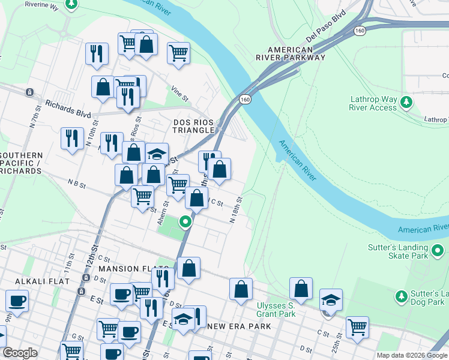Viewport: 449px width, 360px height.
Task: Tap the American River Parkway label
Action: [291, 54]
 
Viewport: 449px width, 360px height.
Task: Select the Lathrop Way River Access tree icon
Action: [407, 101]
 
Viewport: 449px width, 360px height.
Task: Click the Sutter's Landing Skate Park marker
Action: [438, 250]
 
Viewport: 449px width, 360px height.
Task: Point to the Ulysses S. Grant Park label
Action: [276, 310]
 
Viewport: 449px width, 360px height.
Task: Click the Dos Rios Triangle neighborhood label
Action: [193, 126]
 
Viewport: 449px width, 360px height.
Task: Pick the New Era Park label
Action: [239, 326]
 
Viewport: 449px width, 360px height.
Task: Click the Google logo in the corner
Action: [20, 353]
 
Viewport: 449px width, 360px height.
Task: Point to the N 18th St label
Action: [236, 209]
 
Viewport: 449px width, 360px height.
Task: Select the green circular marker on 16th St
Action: [185, 223]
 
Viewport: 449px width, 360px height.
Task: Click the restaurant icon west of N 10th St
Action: [72, 139]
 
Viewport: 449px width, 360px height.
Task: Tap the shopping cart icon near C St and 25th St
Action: [357, 327]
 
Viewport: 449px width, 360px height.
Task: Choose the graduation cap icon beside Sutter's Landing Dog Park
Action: [331, 299]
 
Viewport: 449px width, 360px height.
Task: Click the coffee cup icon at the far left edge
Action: [16, 301]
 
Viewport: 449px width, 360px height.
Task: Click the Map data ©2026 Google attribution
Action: [412, 355]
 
